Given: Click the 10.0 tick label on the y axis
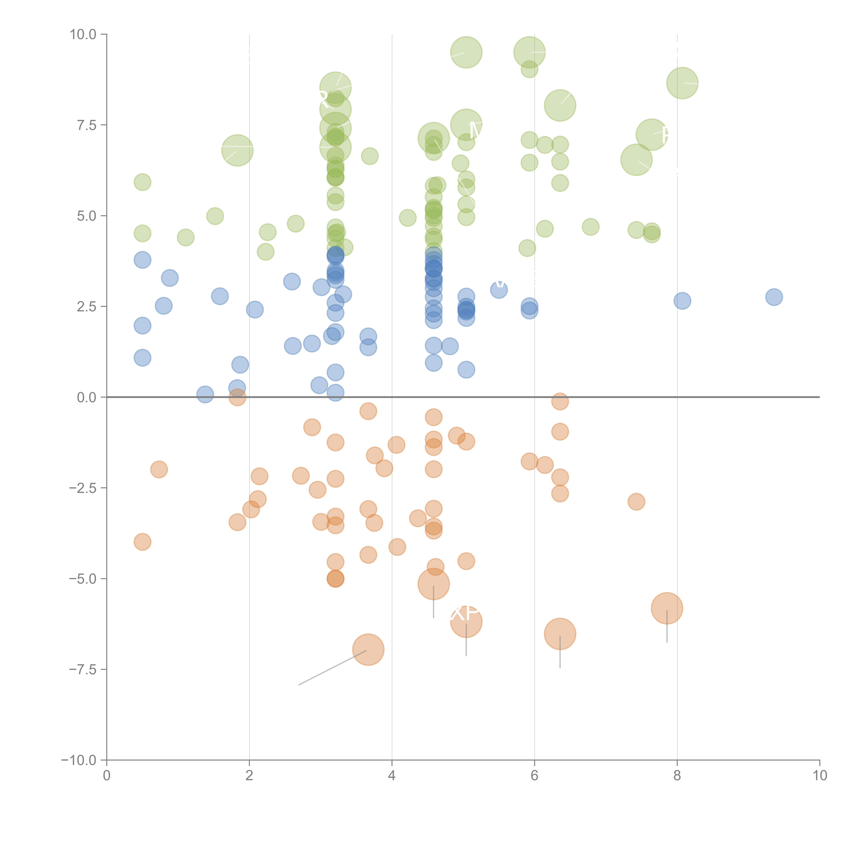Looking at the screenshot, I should (x=83, y=35).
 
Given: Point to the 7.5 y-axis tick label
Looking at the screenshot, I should (x=87, y=125).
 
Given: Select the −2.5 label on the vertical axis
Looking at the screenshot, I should (x=83, y=488).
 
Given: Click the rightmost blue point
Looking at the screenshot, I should (x=774, y=297).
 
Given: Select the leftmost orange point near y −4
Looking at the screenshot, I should (x=142, y=542).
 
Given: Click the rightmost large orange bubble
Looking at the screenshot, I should (x=667, y=608).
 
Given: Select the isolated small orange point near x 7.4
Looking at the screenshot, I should (x=637, y=502).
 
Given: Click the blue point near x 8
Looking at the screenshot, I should (x=683, y=301).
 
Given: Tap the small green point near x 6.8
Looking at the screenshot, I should (x=591, y=227).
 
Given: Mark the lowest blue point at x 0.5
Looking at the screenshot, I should (x=142, y=358).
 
